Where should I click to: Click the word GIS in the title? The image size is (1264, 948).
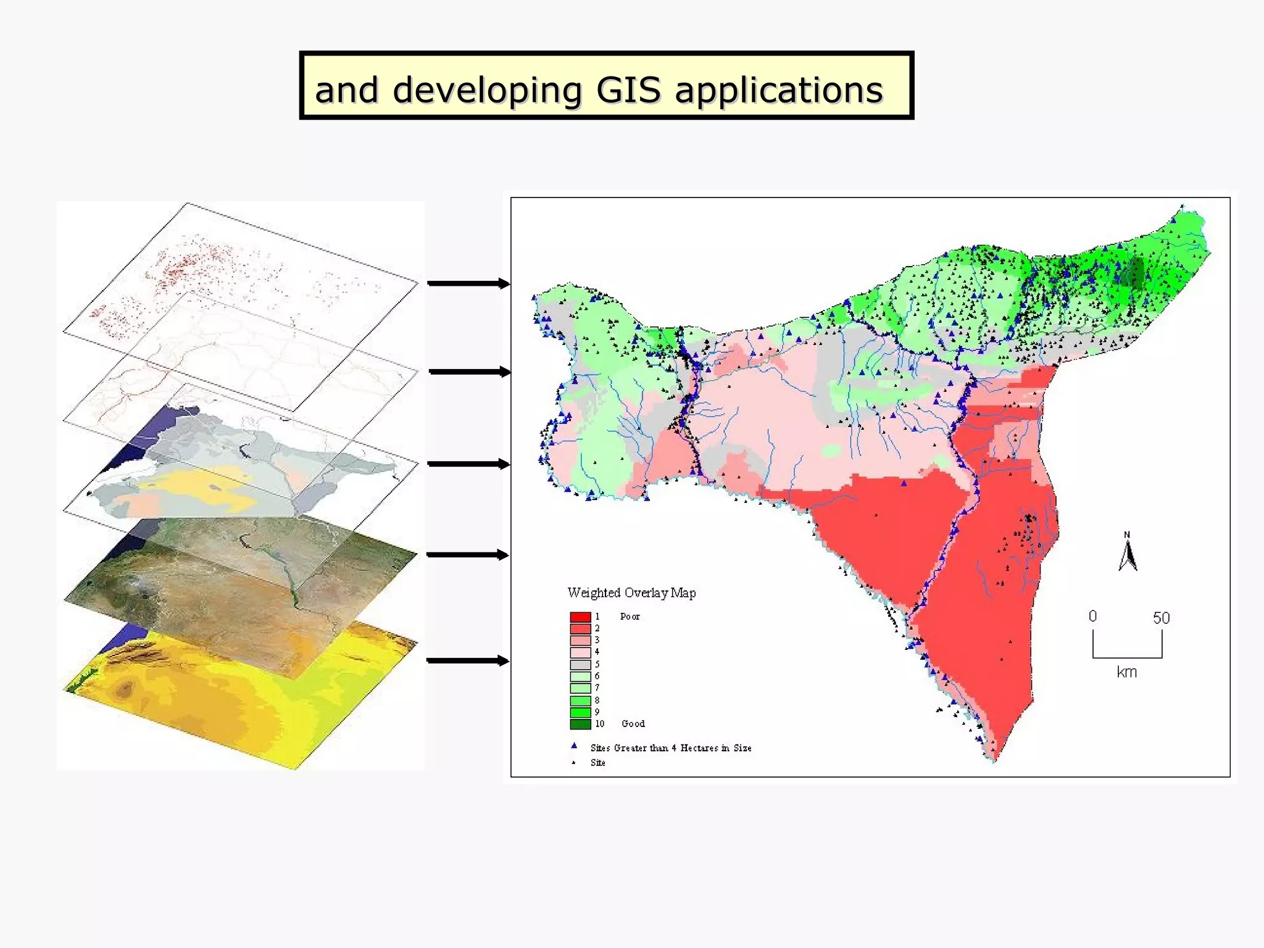[x=628, y=90]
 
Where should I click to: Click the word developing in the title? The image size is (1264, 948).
[x=487, y=91]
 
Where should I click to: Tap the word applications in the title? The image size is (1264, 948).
[x=779, y=91]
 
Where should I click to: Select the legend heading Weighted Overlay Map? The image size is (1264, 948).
[x=631, y=593]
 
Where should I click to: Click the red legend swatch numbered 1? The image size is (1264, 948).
[x=580, y=617]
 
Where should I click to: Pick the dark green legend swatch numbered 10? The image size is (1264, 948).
[x=580, y=724]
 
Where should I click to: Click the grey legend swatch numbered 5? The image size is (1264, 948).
[x=580, y=665]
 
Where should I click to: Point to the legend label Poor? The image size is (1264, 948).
[x=630, y=617]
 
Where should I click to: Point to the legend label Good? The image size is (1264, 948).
[x=633, y=724]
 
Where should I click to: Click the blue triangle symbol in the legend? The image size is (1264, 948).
[x=574, y=746]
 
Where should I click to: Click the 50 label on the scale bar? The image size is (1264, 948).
[x=1161, y=618]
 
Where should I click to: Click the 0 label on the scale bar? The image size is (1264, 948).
[x=1092, y=616]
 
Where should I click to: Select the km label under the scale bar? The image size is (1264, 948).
[x=1127, y=672]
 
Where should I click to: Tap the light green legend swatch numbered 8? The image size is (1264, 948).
[x=580, y=701]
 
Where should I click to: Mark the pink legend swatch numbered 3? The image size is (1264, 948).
[x=580, y=641]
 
